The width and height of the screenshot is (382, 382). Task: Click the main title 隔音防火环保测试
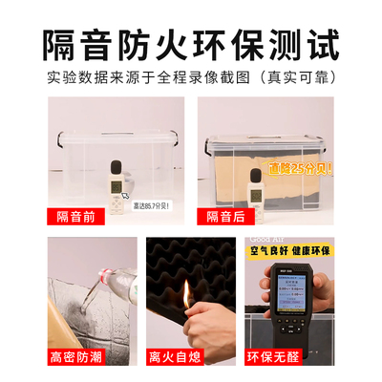coord(191,43)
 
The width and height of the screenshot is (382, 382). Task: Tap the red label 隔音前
coord(77,217)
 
